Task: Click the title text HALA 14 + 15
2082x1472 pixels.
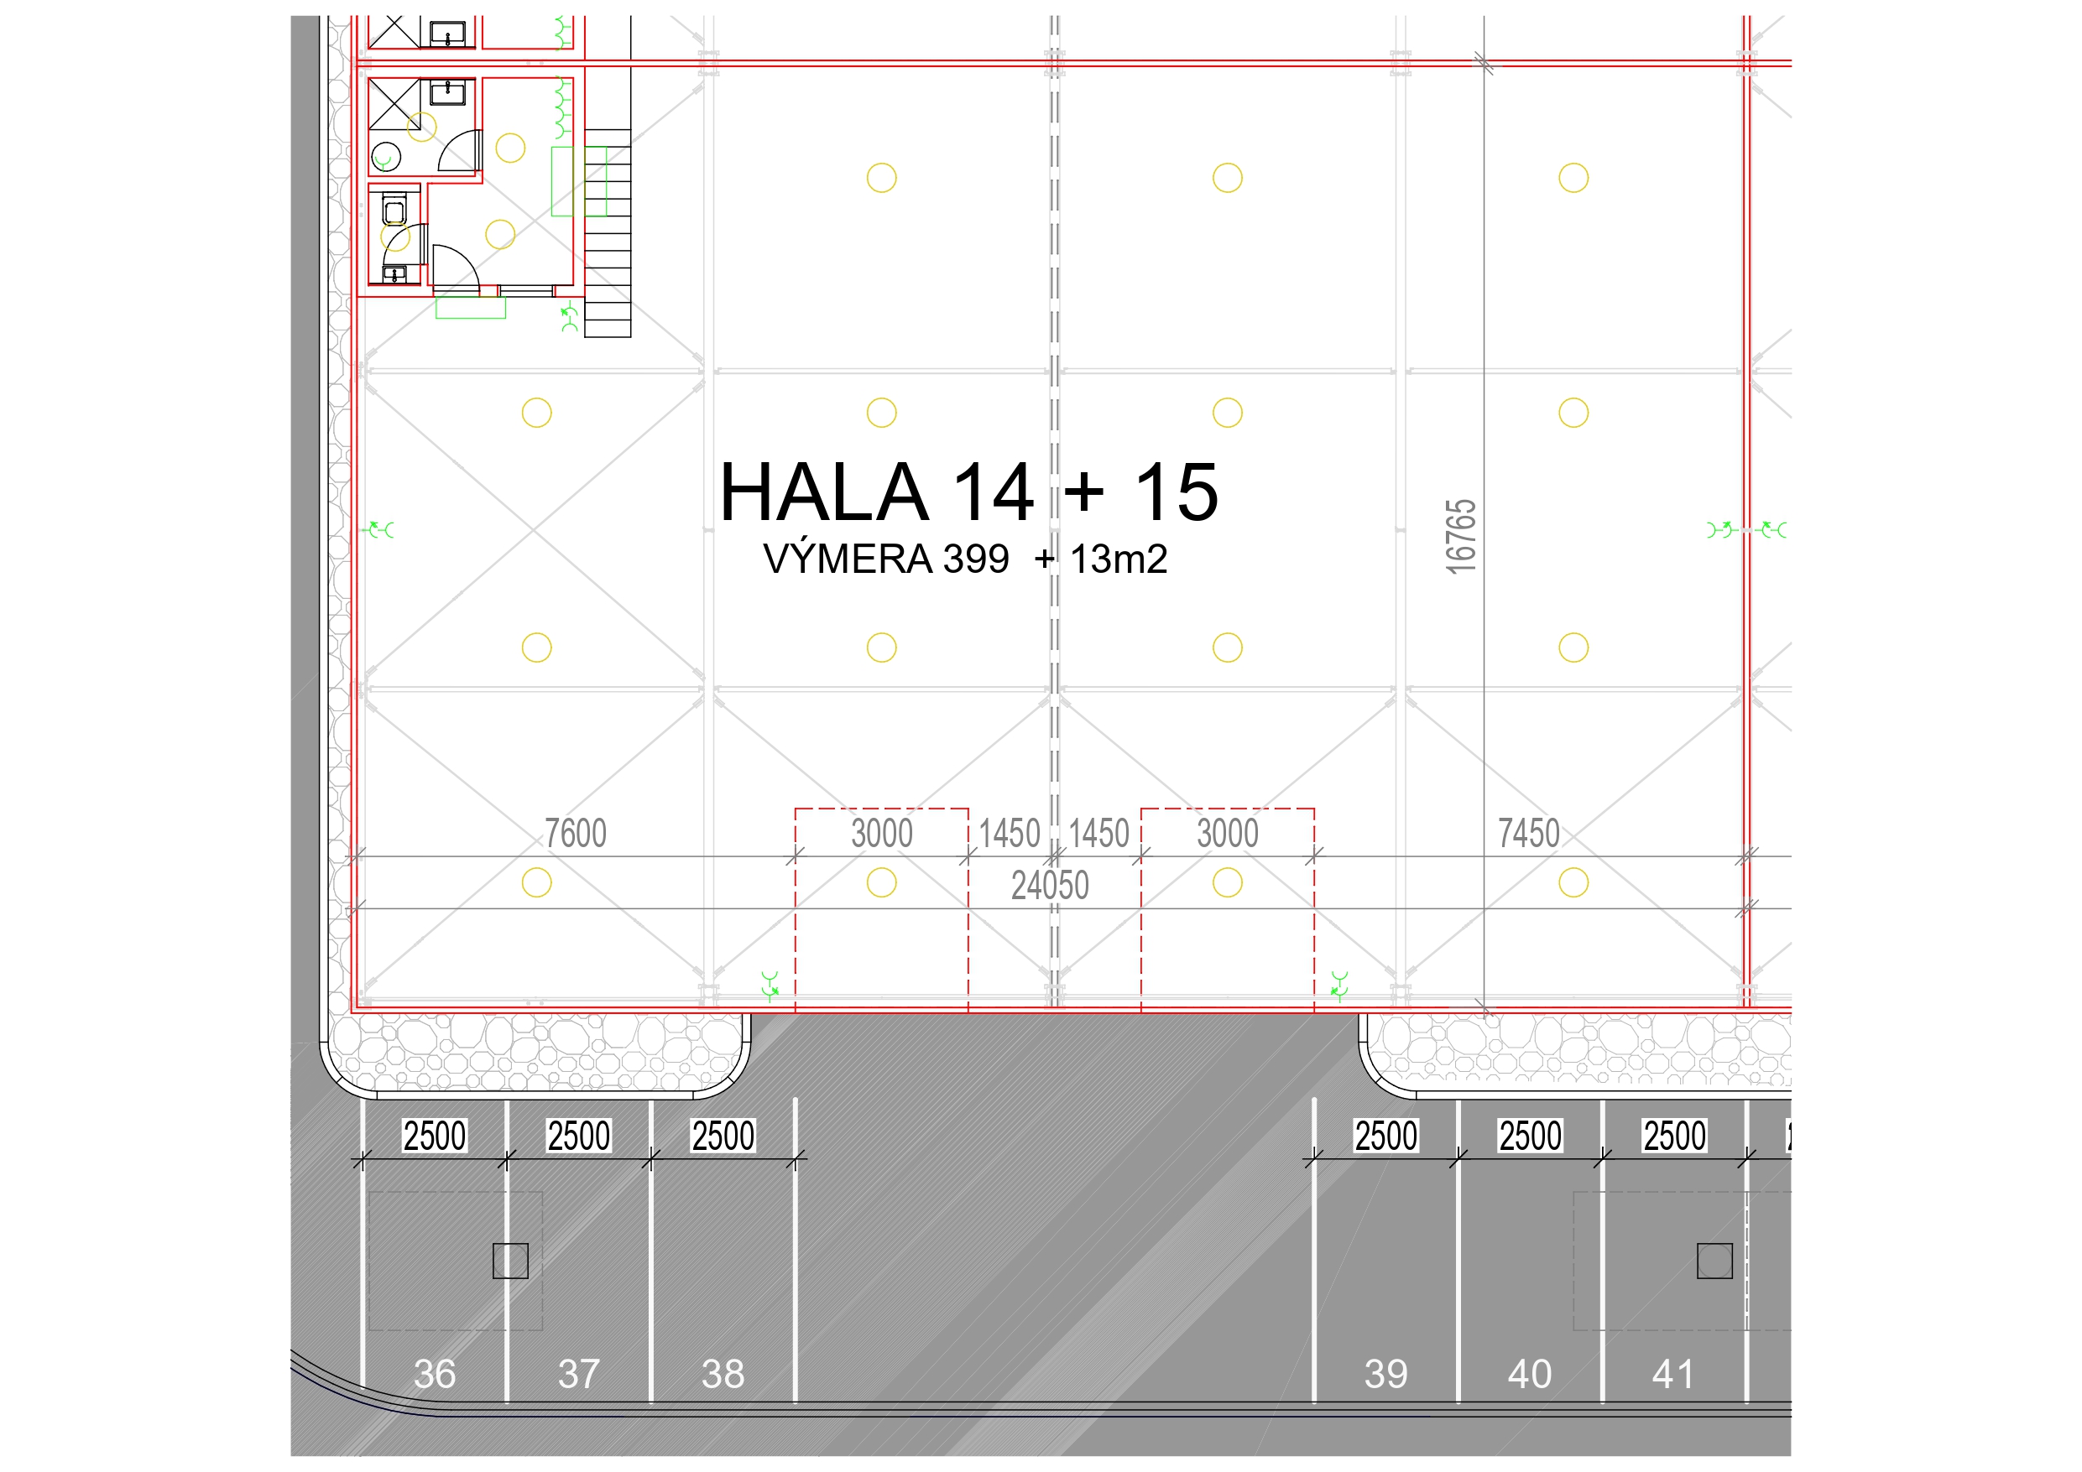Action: pos(968,492)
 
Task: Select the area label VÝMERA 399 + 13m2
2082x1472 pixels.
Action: pos(965,559)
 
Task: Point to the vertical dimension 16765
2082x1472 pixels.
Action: pos(1461,537)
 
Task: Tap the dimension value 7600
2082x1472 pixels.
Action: pos(575,833)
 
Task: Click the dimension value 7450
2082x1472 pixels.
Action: pos(1529,833)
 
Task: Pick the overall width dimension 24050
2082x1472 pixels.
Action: pos(1050,886)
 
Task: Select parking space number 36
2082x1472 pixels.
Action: pos(435,1374)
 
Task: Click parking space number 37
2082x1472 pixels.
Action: pos(578,1374)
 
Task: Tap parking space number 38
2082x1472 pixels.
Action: pos(723,1374)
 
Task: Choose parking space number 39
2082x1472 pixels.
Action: pos(1385,1374)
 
